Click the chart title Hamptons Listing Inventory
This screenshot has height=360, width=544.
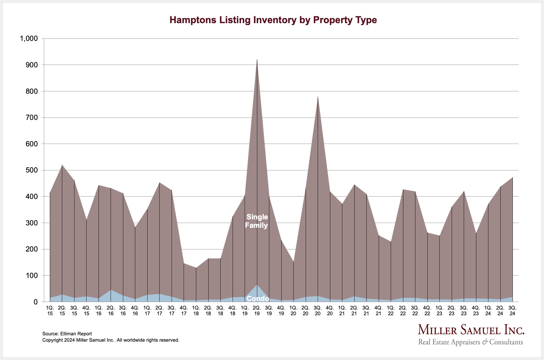[273, 20]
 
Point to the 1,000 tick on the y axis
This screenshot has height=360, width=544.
[29, 38]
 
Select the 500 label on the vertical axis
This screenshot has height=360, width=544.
[32, 170]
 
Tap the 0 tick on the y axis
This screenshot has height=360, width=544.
[35, 302]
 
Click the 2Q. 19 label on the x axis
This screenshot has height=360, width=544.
[257, 310]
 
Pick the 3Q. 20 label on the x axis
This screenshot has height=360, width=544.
[318, 310]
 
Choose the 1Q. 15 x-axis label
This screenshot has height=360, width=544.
[50, 310]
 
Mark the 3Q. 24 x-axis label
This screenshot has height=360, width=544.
[512, 310]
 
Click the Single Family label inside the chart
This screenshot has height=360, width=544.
[256, 221]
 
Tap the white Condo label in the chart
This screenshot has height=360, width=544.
[258, 298]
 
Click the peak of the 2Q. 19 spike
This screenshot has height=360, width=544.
[257, 60]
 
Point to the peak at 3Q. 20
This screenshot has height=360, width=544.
[318, 97]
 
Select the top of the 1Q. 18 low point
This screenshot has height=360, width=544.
[196, 268]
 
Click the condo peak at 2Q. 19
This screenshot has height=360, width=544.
[257, 285]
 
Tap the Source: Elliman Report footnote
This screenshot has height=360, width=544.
[67, 334]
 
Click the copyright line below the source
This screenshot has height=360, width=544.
[111, 340]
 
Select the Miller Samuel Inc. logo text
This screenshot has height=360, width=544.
[471, 330]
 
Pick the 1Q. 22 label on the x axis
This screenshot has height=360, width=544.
[391, 310]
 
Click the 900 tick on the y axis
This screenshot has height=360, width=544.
[32, 65]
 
